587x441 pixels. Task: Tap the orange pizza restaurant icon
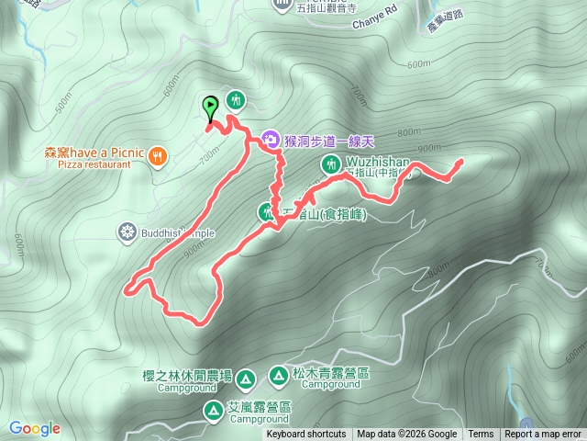point(159,157)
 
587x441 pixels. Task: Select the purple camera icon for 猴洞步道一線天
point(271,140)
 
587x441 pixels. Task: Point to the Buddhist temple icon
point(127,232)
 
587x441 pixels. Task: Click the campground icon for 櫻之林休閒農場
point(245,379)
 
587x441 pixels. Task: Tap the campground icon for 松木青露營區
point(278,374)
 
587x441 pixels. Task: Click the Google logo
point(34,428)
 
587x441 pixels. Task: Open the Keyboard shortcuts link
point(306,435)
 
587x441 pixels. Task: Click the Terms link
point(481,435)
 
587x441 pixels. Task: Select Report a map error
point(543,435)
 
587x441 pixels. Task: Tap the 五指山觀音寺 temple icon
point(282,6)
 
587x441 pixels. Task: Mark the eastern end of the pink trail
point(459,162)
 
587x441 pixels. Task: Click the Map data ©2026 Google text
point(406,435)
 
